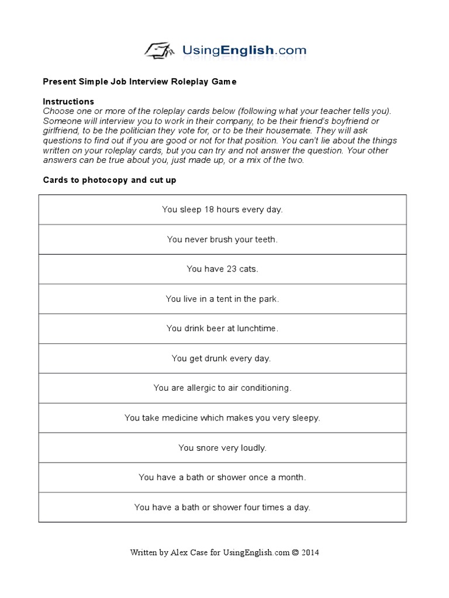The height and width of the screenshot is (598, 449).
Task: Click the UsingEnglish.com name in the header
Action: pos(244,50)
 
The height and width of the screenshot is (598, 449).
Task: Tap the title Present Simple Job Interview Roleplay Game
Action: pos(140,82)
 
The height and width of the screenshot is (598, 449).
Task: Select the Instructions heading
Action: pos(68,102)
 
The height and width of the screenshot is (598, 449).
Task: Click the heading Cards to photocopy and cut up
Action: pos(109,180)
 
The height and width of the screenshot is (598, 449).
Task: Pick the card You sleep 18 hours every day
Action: pos(222,210)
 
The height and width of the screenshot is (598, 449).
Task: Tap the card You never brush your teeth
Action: pos(222,239)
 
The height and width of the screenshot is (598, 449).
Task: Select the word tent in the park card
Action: pos(234,299)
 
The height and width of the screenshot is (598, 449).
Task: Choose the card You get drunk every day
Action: pos(221,359)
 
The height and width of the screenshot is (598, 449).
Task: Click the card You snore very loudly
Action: pos(222,448)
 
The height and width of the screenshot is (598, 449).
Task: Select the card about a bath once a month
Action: pos(222,478)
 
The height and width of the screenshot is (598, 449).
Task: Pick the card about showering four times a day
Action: pos(222,507)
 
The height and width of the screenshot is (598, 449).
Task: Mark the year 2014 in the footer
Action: pos(310,552)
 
